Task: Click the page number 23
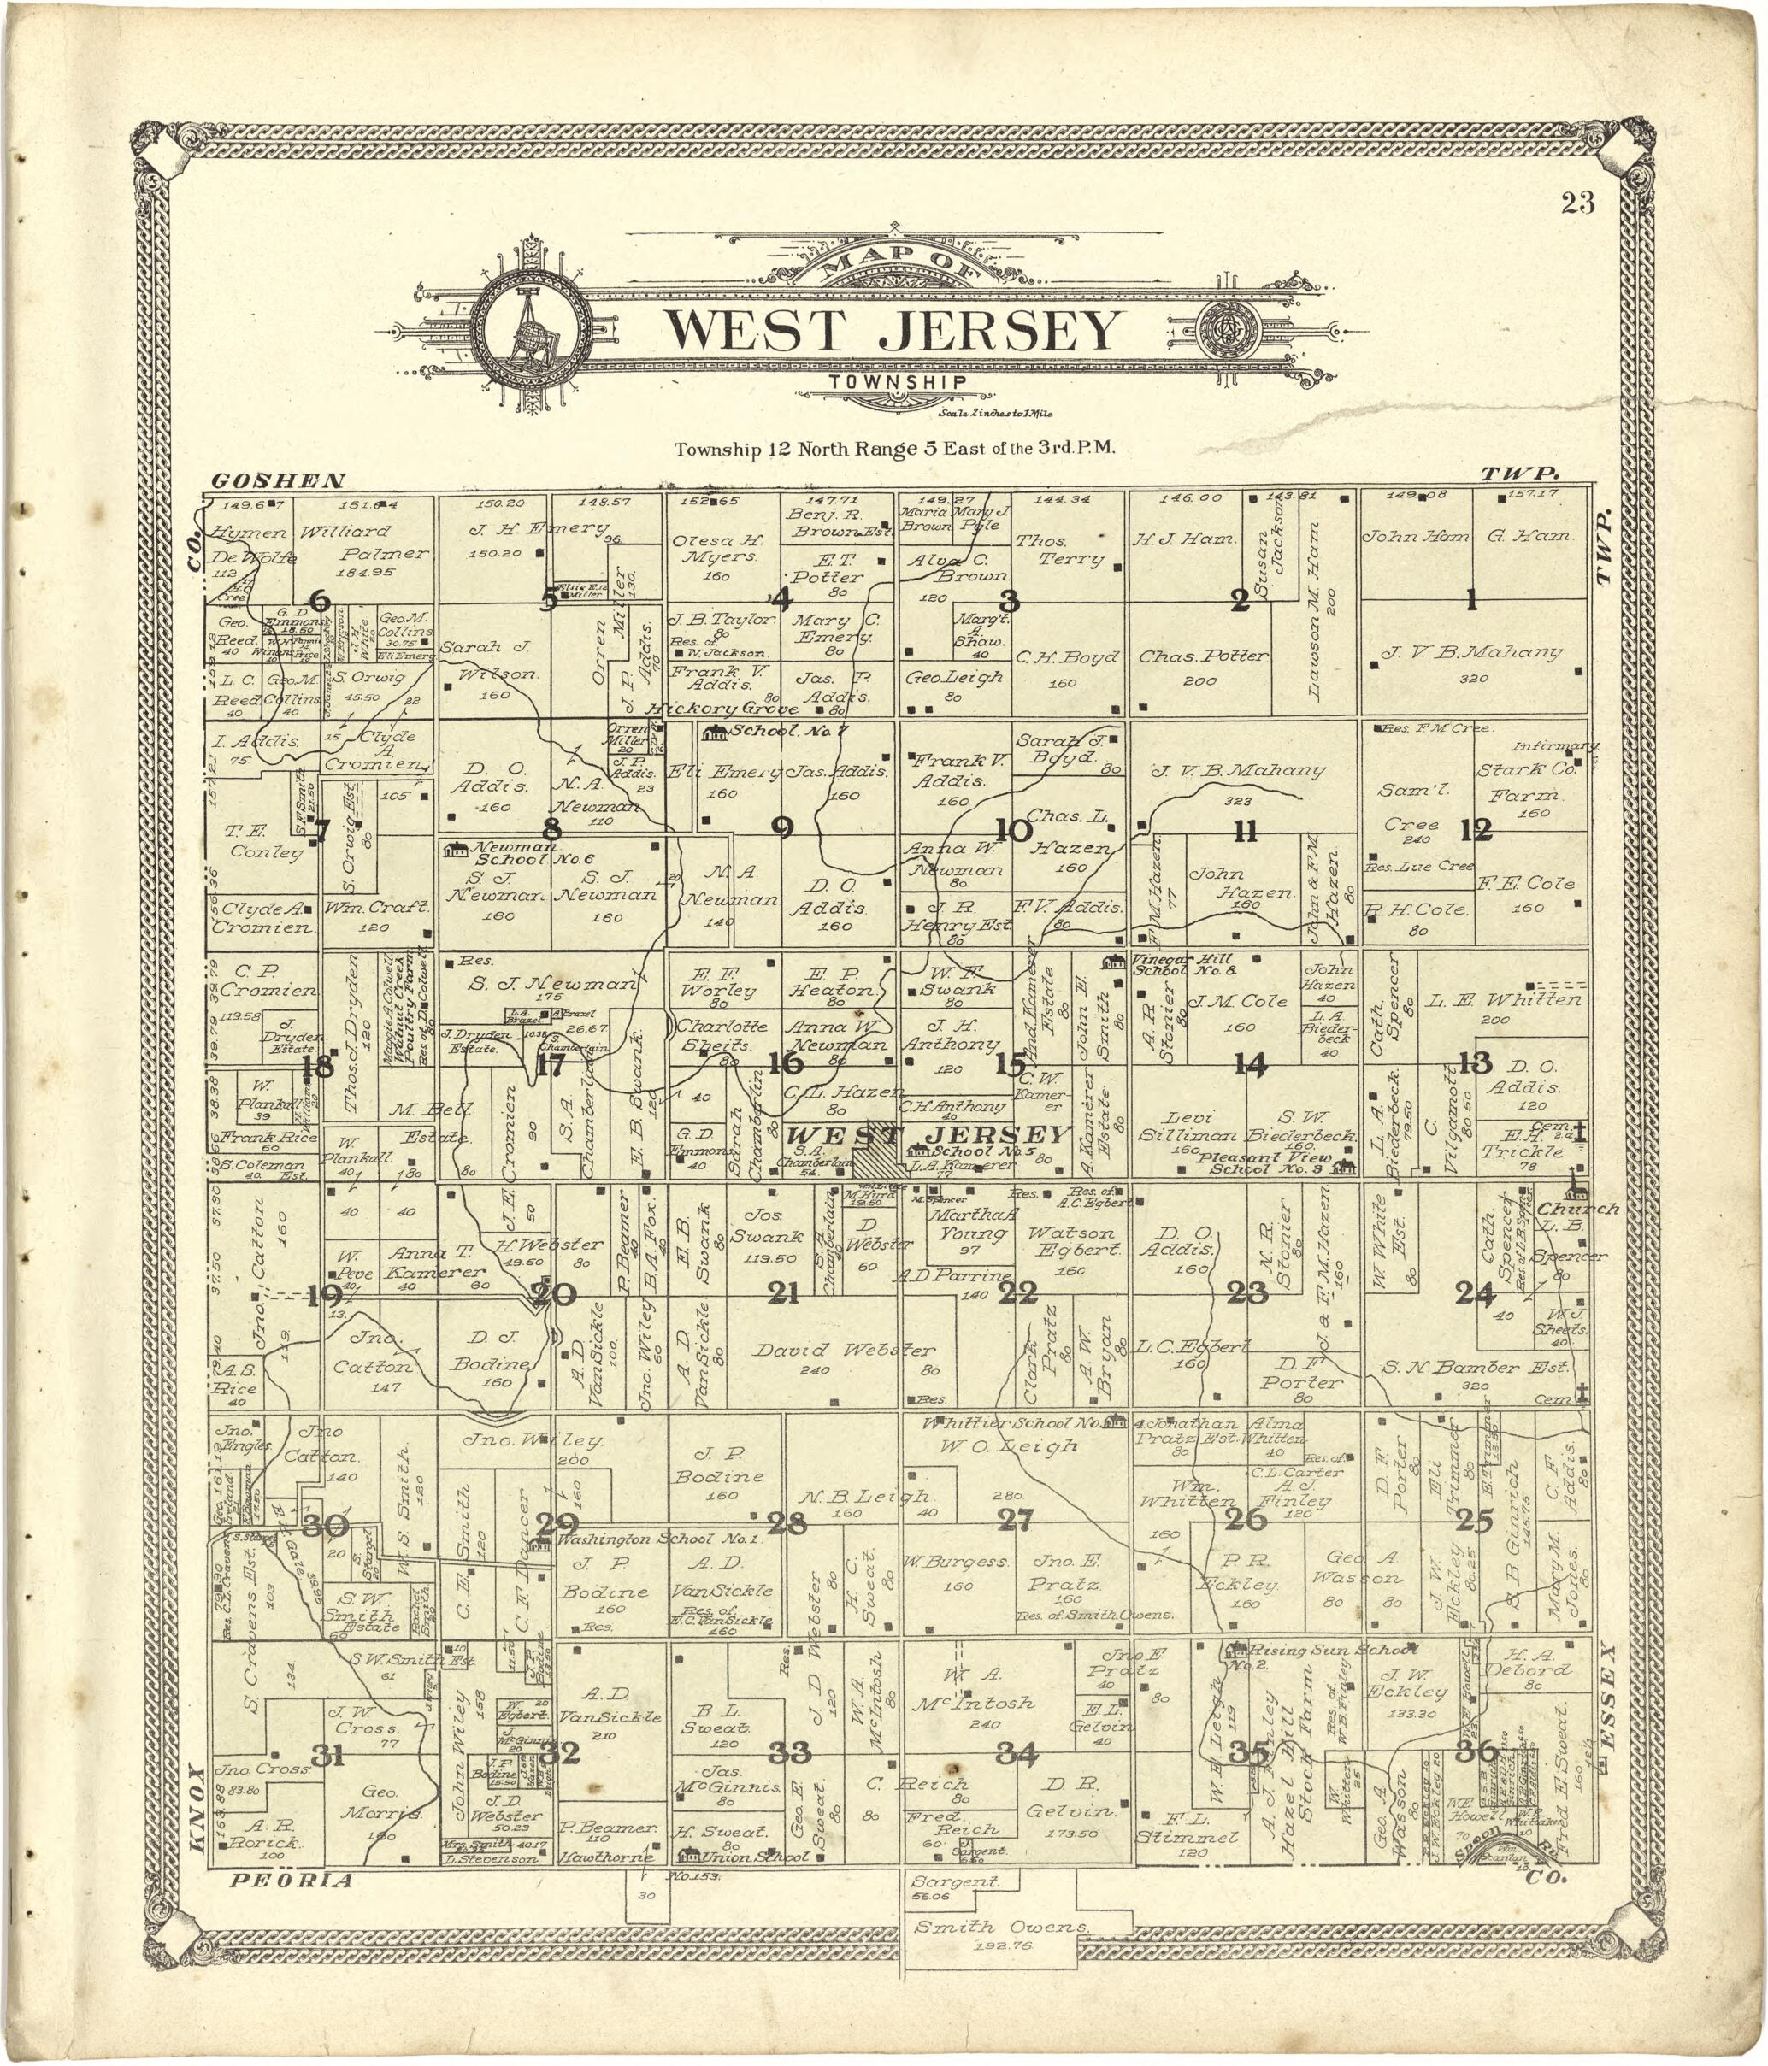pos(1577,203)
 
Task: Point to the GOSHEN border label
pos(278,480)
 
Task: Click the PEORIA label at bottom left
pos(292,1881)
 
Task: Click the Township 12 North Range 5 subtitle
pos(893,449)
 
